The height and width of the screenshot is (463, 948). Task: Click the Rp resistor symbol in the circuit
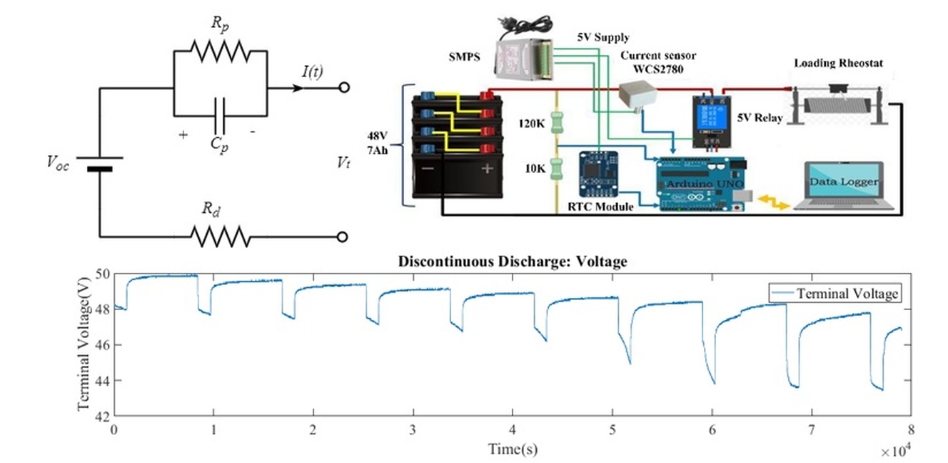(219, 51)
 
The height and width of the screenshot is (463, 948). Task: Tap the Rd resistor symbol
(219, 236)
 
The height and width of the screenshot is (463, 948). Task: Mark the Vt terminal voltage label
(345, 161)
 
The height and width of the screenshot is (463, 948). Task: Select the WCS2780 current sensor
(638, 94)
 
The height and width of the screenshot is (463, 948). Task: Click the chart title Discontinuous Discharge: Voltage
(513, 262)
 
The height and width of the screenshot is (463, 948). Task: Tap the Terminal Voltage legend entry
(847, 293)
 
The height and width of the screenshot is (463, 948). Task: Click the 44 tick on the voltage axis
(101, 380)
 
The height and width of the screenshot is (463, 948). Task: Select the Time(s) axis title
(513, 449)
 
